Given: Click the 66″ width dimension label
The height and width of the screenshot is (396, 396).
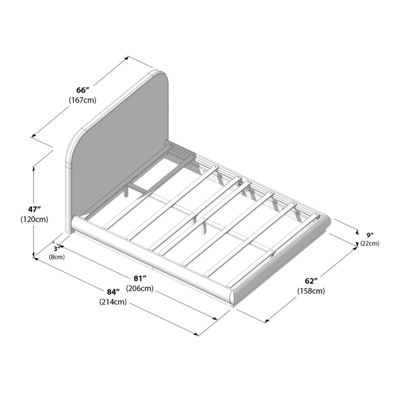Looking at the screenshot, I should point(82,91).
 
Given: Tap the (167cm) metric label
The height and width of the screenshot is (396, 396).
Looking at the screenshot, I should point(82,100).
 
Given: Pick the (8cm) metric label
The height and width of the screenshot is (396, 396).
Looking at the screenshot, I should point(56,257).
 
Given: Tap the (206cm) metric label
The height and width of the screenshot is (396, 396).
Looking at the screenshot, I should point(140,289).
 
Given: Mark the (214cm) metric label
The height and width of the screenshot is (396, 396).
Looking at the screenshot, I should point(113,302).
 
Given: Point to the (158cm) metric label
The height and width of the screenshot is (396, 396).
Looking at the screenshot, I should point(311,292).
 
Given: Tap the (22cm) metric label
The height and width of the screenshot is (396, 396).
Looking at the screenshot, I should point(370,243).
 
